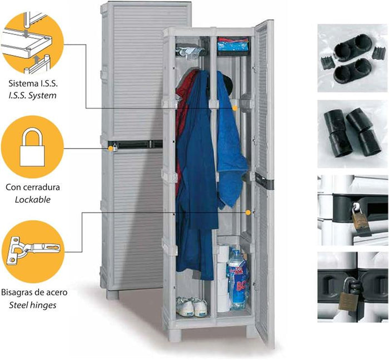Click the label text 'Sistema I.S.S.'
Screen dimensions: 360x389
[32, 84]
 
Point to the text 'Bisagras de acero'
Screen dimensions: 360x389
[32, 293]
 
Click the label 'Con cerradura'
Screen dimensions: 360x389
[32, 187]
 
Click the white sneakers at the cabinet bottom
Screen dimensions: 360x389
[192, 307]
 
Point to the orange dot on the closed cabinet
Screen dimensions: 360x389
[111, 148]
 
